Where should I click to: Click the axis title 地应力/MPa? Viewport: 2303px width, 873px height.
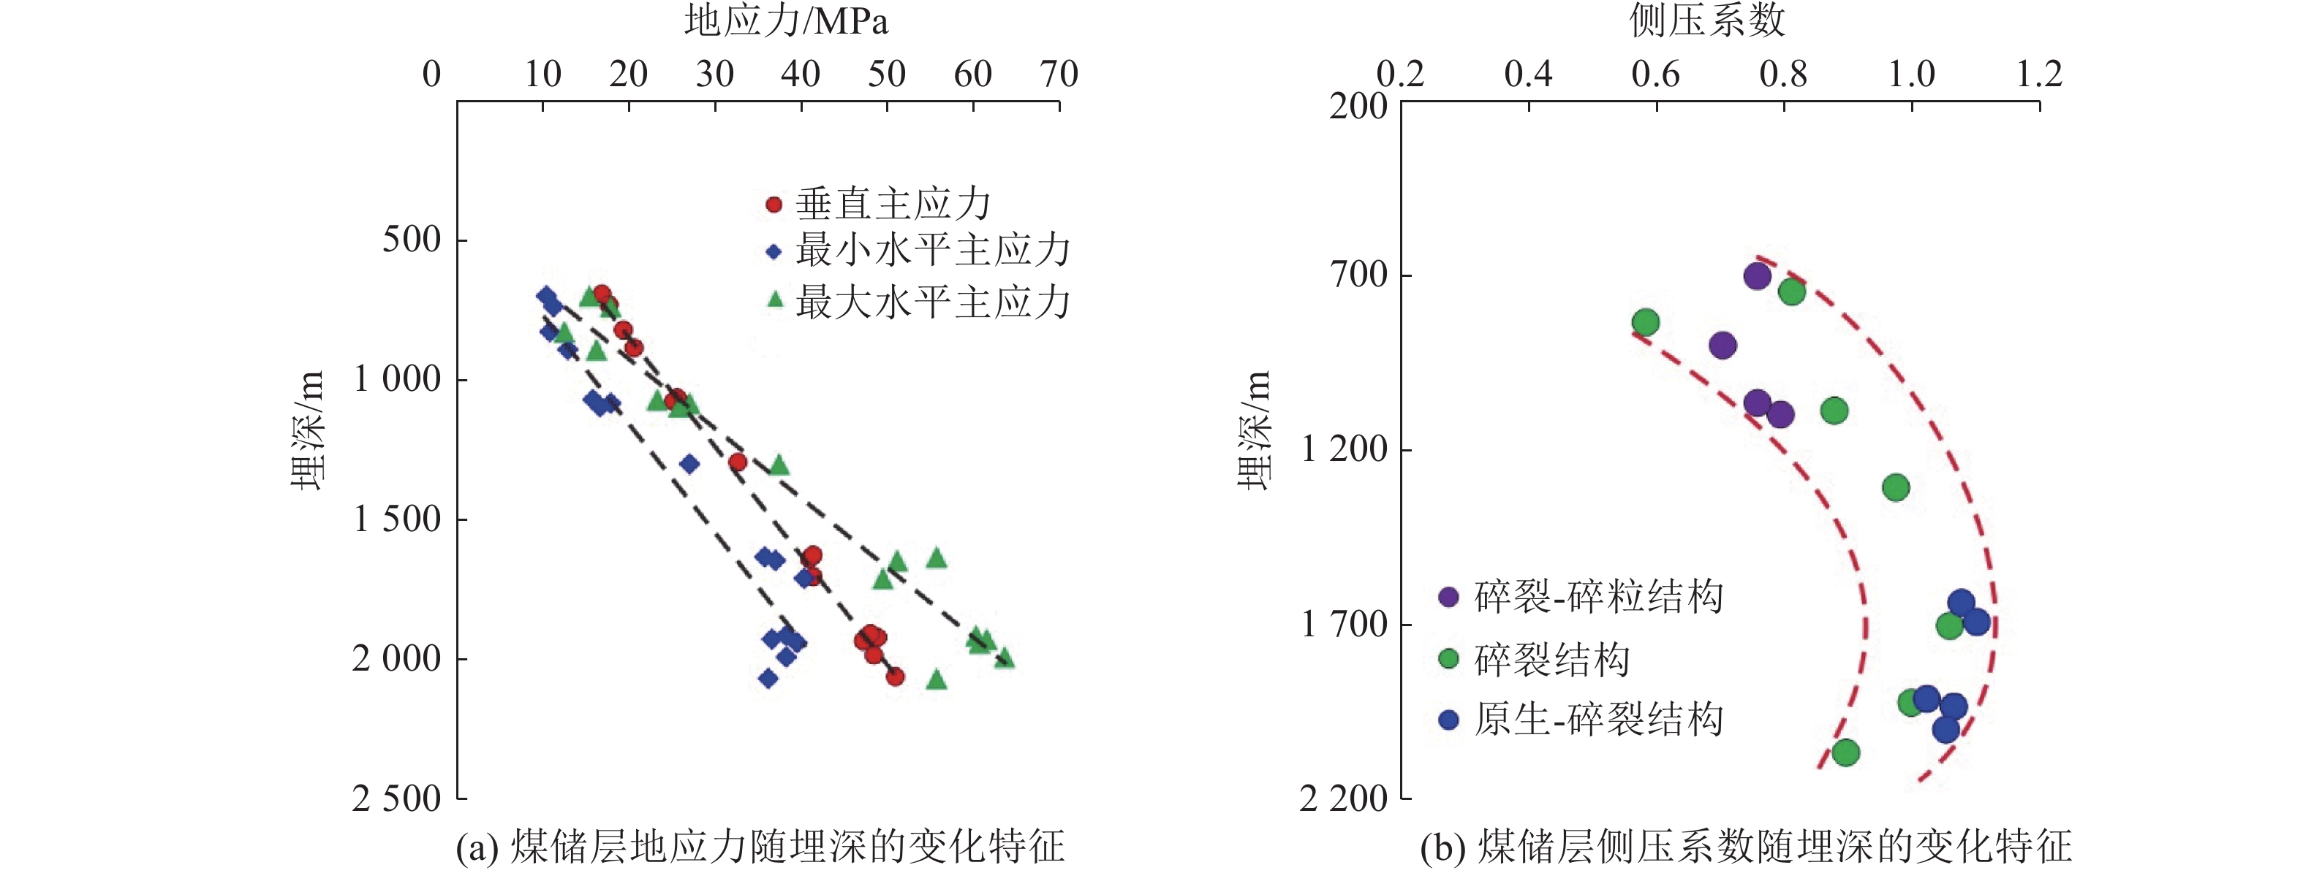pos(786,21)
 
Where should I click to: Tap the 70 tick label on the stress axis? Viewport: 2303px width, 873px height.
pos(1059,75)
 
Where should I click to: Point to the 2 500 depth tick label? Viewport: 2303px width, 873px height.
pos(396,798)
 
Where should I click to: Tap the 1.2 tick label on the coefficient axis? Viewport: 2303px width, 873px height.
pos(2038,75)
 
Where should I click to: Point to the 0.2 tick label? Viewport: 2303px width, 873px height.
pos(1400,75)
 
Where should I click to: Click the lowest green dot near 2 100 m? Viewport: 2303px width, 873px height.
pos(1846,753)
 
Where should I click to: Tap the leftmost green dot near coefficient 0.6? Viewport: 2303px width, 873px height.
pos(1645,321)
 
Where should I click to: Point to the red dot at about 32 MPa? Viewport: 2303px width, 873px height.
pos(738,462)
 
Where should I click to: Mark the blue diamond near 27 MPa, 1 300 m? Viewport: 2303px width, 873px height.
pos(689,464)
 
